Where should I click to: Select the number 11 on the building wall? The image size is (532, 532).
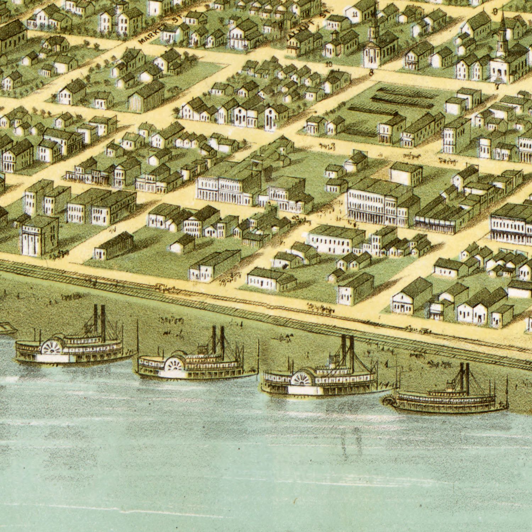click(x=355, y=15)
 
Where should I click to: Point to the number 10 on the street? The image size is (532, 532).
click(x=329, y=64)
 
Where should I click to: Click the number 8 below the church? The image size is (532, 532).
click(x=371, y=73)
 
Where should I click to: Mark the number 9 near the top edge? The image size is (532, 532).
click(x=495, y=11)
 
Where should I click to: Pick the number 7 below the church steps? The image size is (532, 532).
click(x=497, y=86)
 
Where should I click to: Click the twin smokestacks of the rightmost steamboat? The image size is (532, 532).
click(x=464, y=378)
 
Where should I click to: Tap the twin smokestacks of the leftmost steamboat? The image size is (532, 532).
click(x=99, y=318)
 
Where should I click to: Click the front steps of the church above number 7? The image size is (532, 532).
click(x=499, y=78)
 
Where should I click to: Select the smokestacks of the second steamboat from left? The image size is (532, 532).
click(x=218, y=339)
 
